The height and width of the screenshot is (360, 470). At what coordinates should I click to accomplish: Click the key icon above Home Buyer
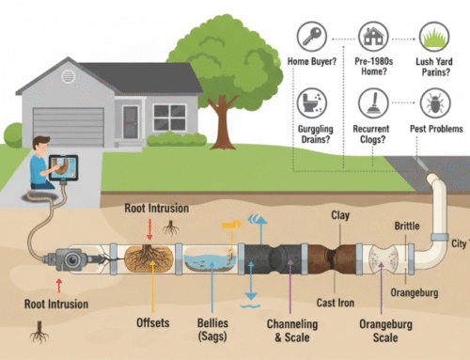[312, 37]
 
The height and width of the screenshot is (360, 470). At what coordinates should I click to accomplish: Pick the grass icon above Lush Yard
[435, 38]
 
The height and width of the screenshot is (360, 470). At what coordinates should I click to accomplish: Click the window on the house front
[169, 117]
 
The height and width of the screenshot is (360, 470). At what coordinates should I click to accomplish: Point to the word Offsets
[149, 323]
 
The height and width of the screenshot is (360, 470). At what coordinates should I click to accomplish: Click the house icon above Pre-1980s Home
[374, 38]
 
